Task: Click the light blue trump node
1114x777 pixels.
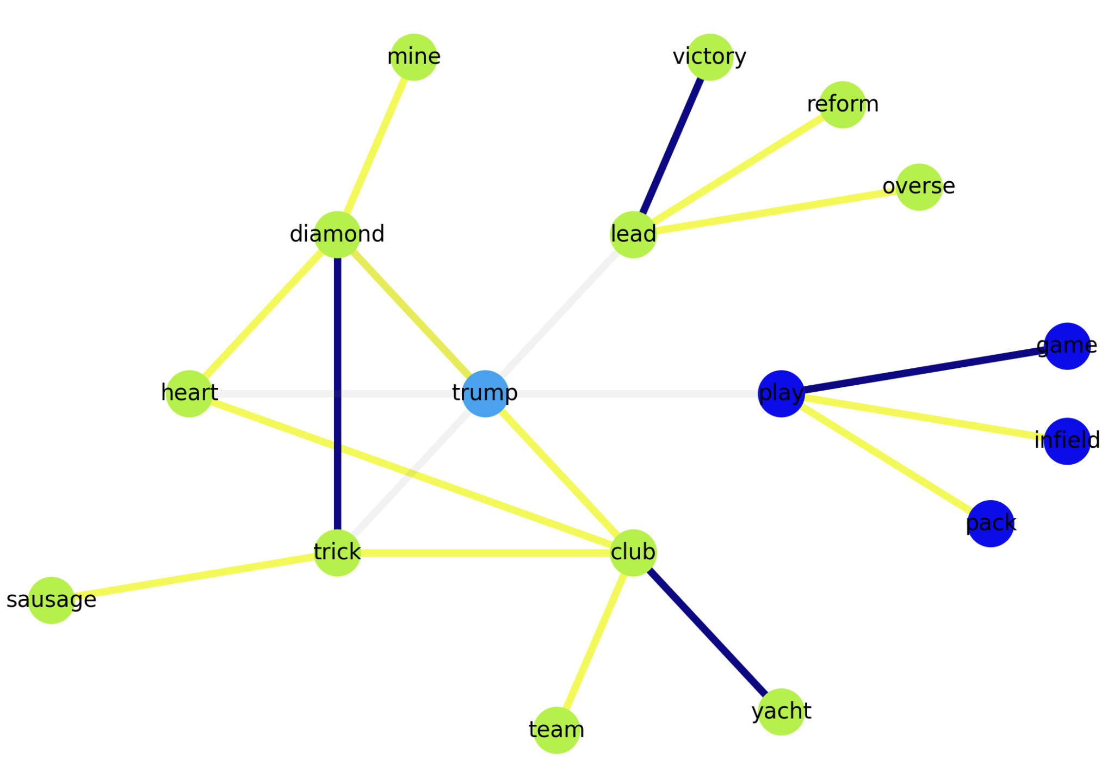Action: click(485, 393)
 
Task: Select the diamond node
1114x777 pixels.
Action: click(337, 235)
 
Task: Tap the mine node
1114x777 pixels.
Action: click(414, 57)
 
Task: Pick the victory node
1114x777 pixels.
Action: click(709, 57)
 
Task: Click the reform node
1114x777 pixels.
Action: click(842, 104)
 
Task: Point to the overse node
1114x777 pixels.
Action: click(919, 187)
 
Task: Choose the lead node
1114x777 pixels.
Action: click(633, 235)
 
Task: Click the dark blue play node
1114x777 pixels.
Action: click(781, 393)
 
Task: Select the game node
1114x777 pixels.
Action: click(1067, 346)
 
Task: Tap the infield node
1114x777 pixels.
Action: click(1067, 441)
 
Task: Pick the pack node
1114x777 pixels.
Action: click(991, 523)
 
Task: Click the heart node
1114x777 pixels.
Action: click(189, 393)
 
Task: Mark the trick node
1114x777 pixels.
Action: click(337, 553)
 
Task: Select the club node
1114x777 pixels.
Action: click(633, 553)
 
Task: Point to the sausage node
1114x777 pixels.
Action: click(51, 600)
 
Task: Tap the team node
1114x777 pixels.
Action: click(556, 730)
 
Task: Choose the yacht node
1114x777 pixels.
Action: click(781, 712)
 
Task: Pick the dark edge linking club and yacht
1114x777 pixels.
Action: click(707, 632)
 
